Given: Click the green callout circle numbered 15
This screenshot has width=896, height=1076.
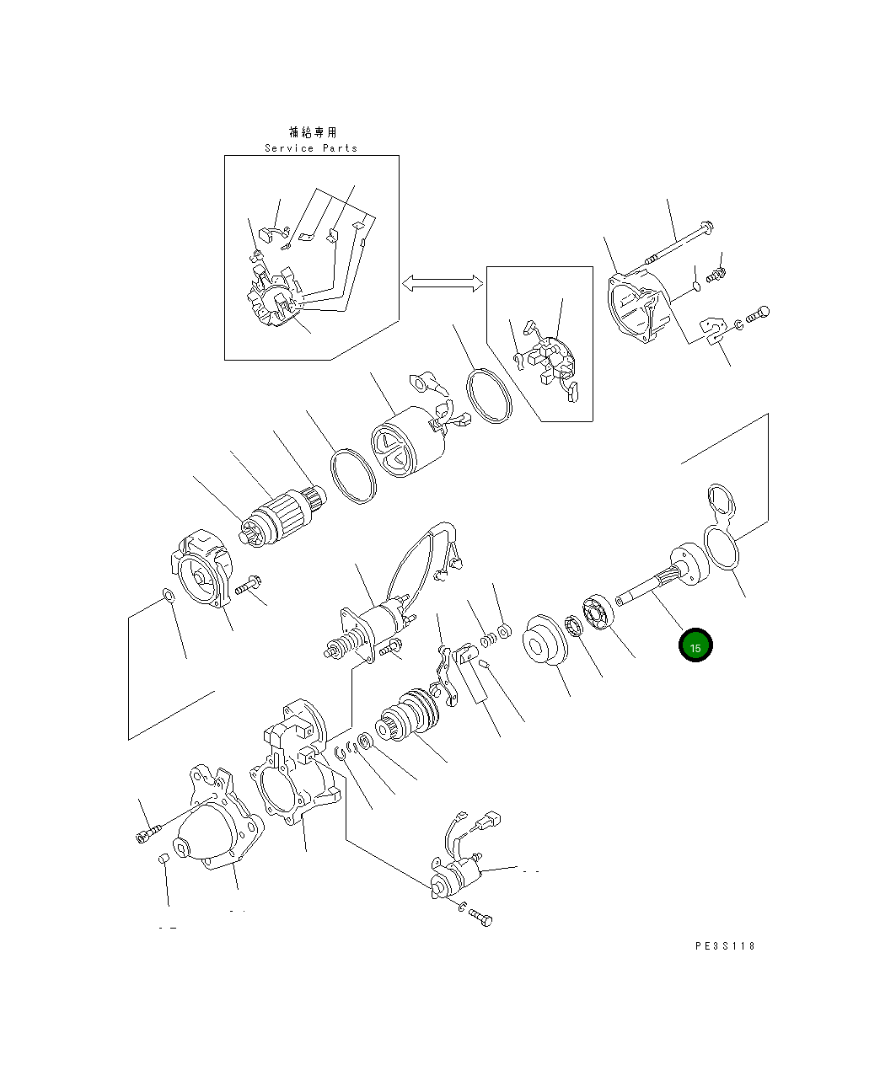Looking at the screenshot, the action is coord(695,645).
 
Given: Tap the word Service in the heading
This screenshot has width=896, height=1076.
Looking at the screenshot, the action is coord(289,148).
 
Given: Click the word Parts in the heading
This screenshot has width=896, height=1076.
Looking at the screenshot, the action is coord(341,148).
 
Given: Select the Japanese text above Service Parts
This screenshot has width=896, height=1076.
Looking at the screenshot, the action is coord(313,132).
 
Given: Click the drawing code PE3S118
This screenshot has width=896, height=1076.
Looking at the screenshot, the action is coord(725,945).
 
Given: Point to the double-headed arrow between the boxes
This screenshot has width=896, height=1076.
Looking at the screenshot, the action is coord(443,283).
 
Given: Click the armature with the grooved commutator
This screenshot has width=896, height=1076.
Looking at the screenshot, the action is coord(282,517).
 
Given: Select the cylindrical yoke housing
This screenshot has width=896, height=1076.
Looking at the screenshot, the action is coord(407,442).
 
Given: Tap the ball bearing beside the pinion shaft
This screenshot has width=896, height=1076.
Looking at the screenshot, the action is coord(598,613).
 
